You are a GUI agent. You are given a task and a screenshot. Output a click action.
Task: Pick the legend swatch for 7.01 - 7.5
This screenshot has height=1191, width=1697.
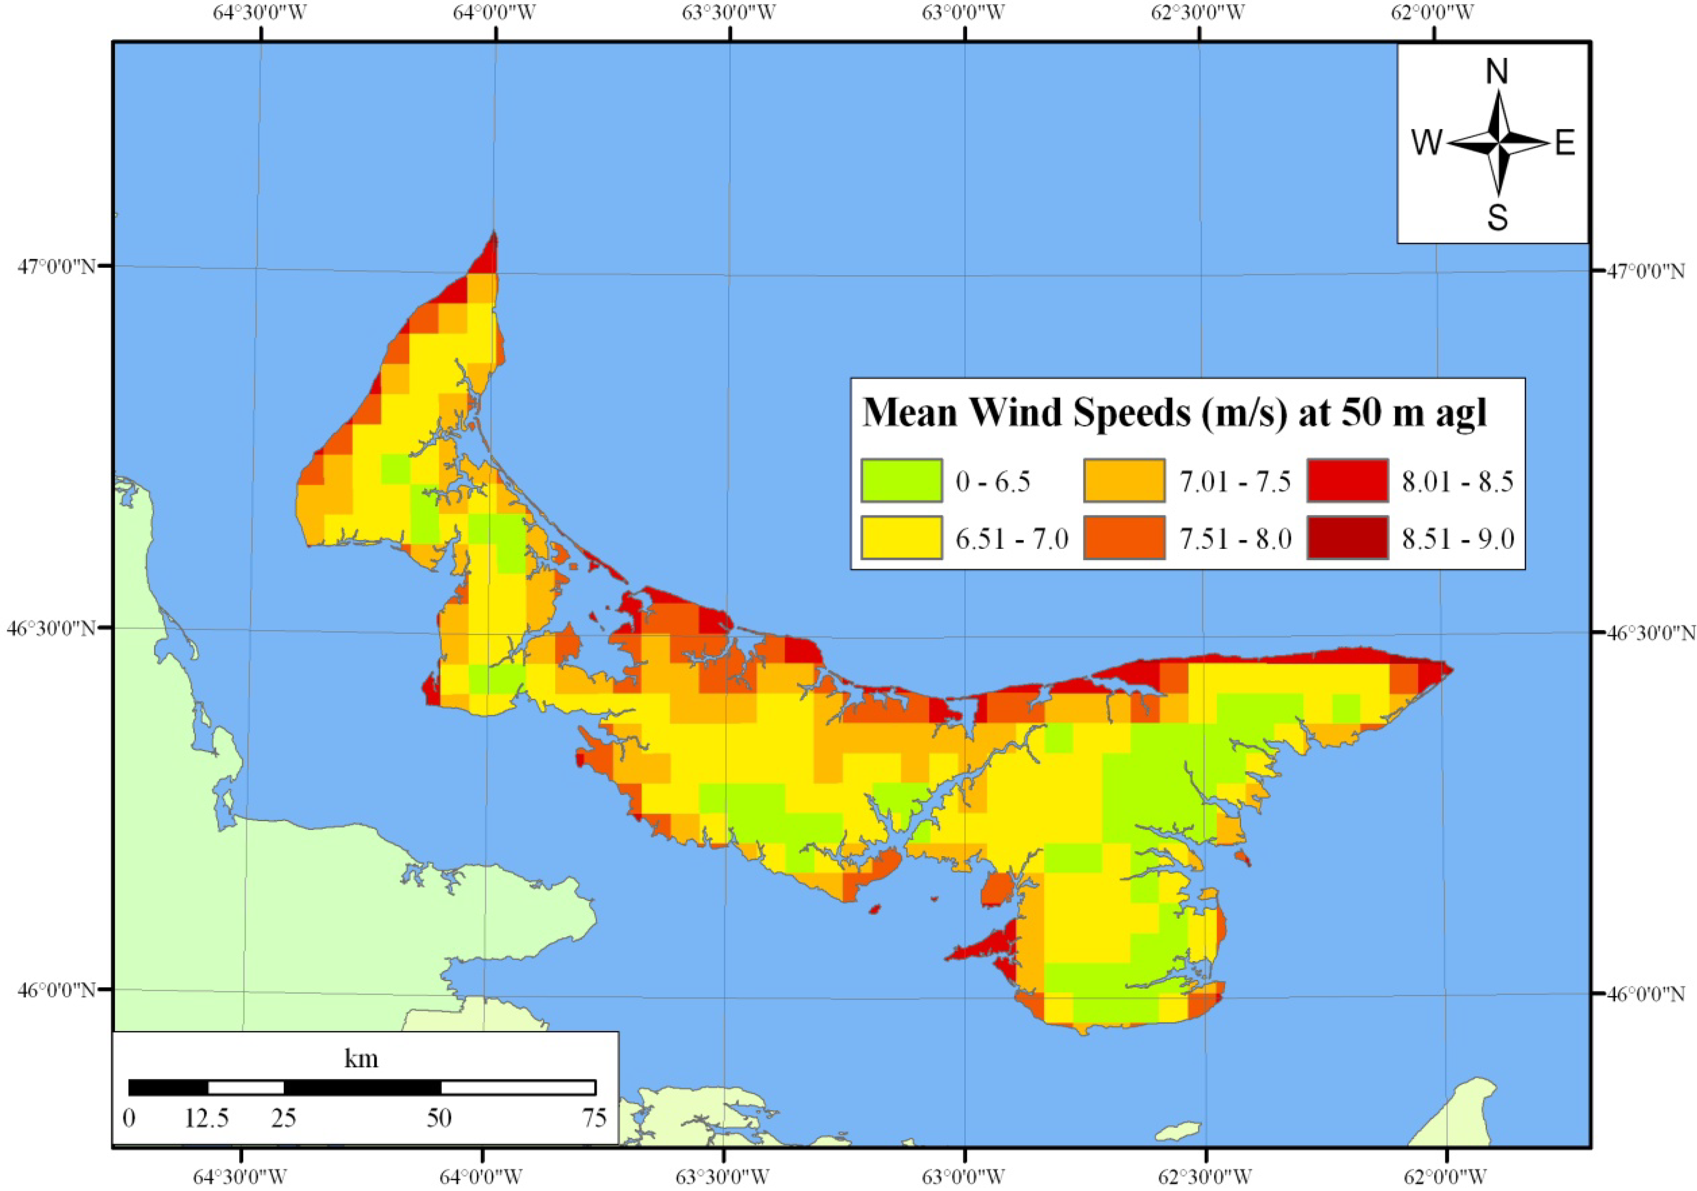click(1124, 480)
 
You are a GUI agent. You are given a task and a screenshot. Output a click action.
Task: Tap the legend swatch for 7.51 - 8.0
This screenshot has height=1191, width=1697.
click(1124, 538)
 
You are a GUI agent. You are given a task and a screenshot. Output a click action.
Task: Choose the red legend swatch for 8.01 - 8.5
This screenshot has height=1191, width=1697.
click(1347, 480)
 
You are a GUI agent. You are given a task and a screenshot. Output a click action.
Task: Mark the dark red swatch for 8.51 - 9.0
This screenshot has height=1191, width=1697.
click(1347, 538)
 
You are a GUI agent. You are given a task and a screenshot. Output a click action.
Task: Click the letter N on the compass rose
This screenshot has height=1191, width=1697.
click(1496, 72)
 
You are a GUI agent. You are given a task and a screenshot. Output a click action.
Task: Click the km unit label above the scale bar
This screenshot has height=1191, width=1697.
click(361, 1059)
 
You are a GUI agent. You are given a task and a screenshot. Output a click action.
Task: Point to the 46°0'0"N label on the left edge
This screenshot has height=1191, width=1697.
click(57, 989)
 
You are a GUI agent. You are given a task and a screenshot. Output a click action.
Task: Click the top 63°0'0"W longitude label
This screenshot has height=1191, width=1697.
click(964, 13)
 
